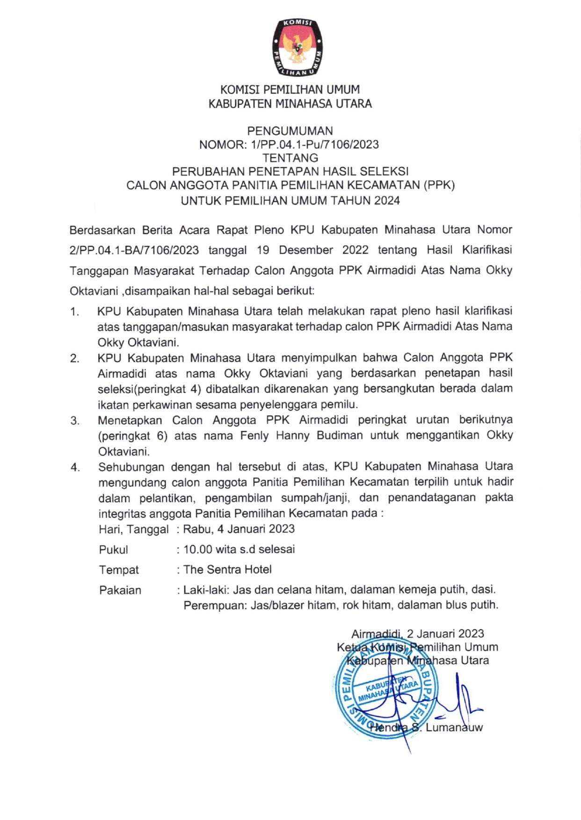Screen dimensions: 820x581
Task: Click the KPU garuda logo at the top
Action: click(x=298, y=48)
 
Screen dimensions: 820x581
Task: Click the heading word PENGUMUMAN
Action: click(x=290, y=131)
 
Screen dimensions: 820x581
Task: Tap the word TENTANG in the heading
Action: click(x=290, y=158)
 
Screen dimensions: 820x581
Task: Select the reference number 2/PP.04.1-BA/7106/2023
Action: click(x=134, y=250)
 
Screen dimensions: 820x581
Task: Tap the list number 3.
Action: click(x=75, y=421)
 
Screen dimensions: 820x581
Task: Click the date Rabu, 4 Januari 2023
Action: click(x=239, y=529)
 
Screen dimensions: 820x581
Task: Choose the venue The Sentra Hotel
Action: click(x=227, y=570)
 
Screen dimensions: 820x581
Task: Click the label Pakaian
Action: click(x=120, y=590)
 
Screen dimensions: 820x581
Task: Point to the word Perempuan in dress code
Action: click(x=214, y=606)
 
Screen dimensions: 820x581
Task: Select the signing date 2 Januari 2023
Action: click(x=445, y=634)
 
